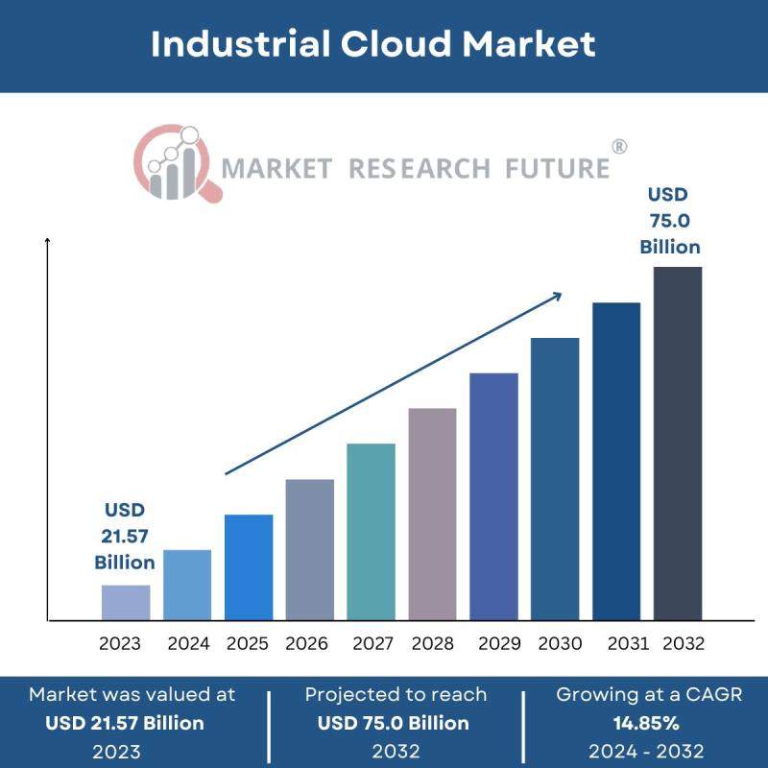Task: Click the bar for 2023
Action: [126, 602]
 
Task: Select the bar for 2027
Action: [371, 531]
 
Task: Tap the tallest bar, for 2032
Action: [678, 443]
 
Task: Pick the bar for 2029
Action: [493, 495]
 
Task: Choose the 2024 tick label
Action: [188, 643]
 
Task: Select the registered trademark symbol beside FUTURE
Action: [619, 147]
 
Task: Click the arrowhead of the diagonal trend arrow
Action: [556, 298]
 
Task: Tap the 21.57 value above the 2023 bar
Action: [125, 536]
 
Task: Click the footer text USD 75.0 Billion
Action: [394, 723]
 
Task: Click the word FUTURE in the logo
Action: [558, 169]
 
